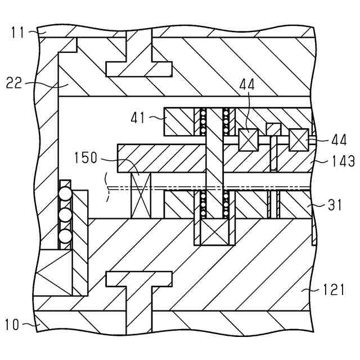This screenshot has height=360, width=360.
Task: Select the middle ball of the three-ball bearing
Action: (x=66, y=215)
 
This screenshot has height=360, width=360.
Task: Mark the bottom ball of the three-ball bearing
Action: (x=66, y=235)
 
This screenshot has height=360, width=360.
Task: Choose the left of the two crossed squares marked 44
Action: (x=246, y=139)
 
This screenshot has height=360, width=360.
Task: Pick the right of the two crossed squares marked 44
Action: (x=298, y=139)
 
